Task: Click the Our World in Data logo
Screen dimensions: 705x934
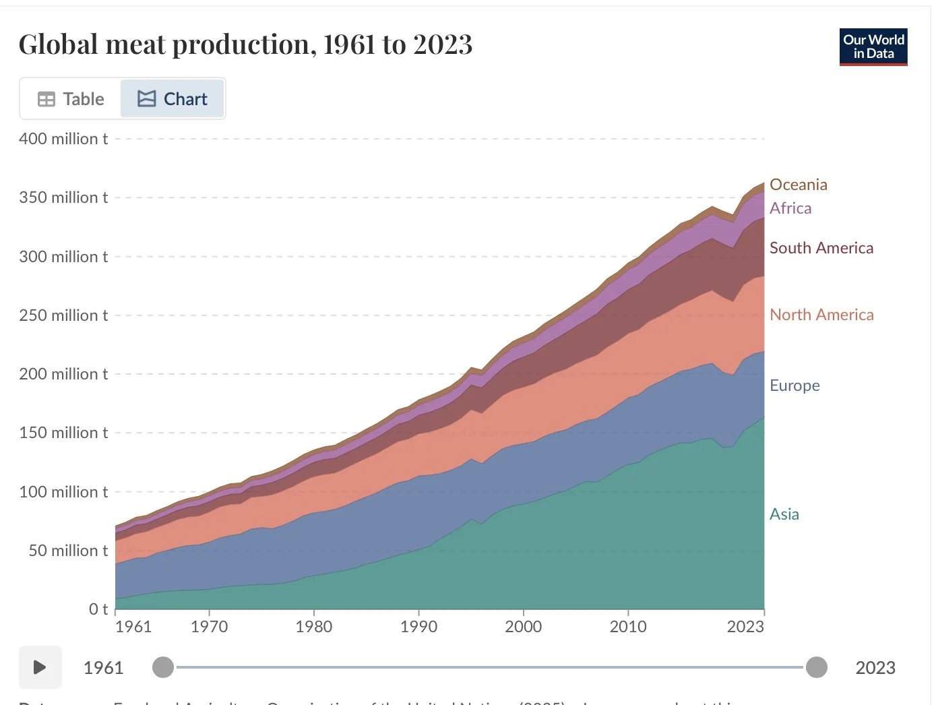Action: [x=873, y=47]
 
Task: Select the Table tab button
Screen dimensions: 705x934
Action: [x=71, y=99]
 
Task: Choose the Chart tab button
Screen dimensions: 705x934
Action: [x=173, y=99]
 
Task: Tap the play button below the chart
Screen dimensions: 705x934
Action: [x=40, y=667]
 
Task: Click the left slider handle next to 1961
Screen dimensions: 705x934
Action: [x=163, y=667]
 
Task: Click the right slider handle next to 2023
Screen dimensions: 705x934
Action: [x=817, y=667]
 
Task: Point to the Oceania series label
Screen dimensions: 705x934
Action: [x=798, y=185]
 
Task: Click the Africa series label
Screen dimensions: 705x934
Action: [x=790, y=208]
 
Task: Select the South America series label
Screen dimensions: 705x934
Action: [x=821, y=248]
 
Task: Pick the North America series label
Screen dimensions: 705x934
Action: [x=821, y=315]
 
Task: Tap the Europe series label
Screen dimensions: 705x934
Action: [x=795, y=386]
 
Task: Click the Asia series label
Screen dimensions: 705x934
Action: [x=784, y=514]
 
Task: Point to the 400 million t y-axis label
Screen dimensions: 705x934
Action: [x=63, y=139]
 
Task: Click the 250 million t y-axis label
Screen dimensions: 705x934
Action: [x=63, y=315]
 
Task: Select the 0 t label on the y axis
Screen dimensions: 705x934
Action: [x=98, y=609]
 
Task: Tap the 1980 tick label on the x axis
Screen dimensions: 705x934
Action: [x=314, y=627]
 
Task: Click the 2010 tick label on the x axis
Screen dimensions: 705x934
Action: [x=628, y=627]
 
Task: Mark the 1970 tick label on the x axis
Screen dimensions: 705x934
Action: [x=210, y=627]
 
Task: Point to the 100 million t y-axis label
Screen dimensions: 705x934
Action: [x=63, y=492]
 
